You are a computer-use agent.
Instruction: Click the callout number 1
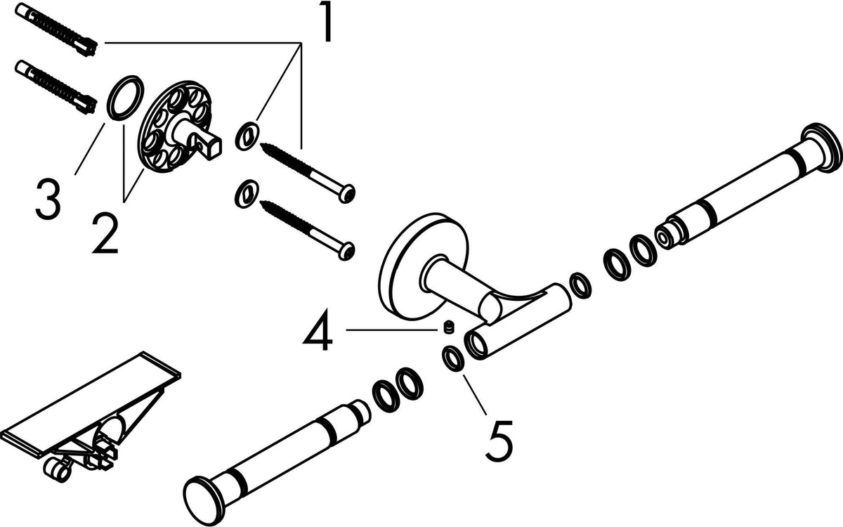pos(325,22)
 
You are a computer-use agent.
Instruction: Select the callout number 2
pos(105,233)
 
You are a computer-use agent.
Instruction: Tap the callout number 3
pos(48,199)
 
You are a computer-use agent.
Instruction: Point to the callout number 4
pos(318,330)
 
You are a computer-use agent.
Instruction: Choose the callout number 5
pos(499,441)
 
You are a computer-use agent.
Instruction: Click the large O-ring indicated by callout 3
pos(125,98)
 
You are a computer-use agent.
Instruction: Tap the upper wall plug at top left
pos(56,30)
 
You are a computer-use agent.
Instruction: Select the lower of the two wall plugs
pos(56,87)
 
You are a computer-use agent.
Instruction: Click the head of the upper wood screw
pos(346,193)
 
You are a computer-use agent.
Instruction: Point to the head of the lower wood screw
pos(346,251)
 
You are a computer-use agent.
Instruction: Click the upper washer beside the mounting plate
pos(247,136)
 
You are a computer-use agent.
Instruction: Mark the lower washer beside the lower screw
pos(247,194)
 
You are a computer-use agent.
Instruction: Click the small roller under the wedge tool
pos(57,469)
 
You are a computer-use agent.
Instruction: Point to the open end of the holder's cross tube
pos(476,344)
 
